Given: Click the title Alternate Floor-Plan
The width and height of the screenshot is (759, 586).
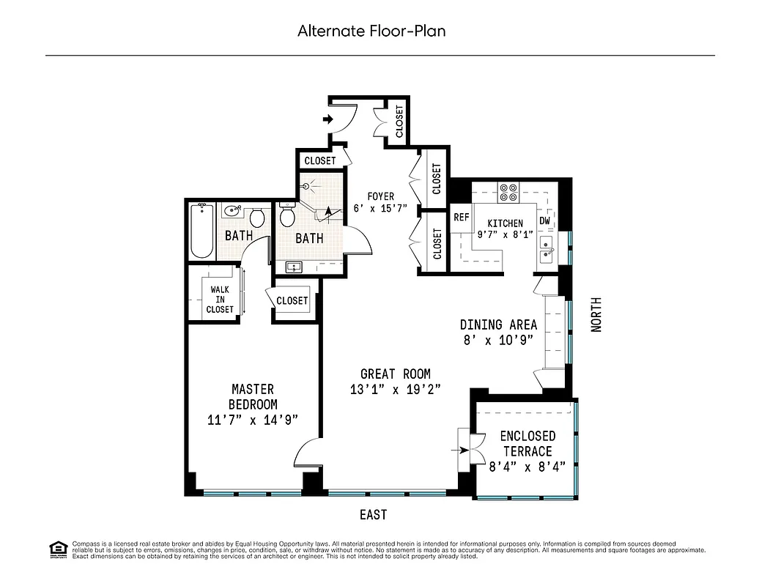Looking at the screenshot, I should coord(371,31).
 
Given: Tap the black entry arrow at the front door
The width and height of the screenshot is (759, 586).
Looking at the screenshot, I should coord(327,119).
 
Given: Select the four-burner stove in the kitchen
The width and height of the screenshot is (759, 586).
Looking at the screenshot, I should coord(508,192).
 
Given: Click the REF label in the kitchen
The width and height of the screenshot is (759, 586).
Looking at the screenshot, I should coord(461,217).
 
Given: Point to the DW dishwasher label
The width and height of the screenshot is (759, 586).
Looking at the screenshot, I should coord(544,220).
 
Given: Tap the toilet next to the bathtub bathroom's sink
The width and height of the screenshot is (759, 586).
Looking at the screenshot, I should coord(257,218).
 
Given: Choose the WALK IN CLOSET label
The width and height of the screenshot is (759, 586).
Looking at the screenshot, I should coord(220,300).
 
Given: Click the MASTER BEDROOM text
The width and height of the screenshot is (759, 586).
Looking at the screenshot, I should coord(253,396).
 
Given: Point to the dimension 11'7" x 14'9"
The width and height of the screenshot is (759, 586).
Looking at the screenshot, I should coord(253,420).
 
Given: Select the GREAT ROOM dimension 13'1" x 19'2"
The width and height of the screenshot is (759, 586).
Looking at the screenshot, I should coord(395,390).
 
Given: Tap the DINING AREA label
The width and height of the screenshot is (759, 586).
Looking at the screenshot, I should coord(498,324).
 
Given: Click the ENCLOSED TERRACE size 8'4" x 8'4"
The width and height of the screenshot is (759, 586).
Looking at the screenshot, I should coord(527,467).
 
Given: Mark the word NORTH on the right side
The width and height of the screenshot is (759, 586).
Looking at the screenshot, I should coord(596,314).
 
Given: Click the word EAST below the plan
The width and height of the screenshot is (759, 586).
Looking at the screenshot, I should coord(373,515).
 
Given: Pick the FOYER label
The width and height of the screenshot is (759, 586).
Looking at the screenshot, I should coord(380,196).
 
